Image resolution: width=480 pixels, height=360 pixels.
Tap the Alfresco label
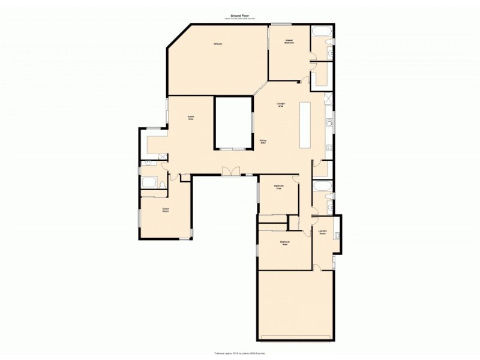click(218, 44)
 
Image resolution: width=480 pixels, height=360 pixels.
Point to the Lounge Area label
click(280, 105)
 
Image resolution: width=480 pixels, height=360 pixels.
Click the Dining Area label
click(263, 142)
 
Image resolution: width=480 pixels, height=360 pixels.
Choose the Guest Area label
click(191, 118)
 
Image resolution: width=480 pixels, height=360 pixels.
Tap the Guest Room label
click(165, 210)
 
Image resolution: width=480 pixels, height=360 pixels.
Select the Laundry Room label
click(322, 233)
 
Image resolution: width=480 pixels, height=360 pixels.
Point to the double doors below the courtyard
click(230, 172)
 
